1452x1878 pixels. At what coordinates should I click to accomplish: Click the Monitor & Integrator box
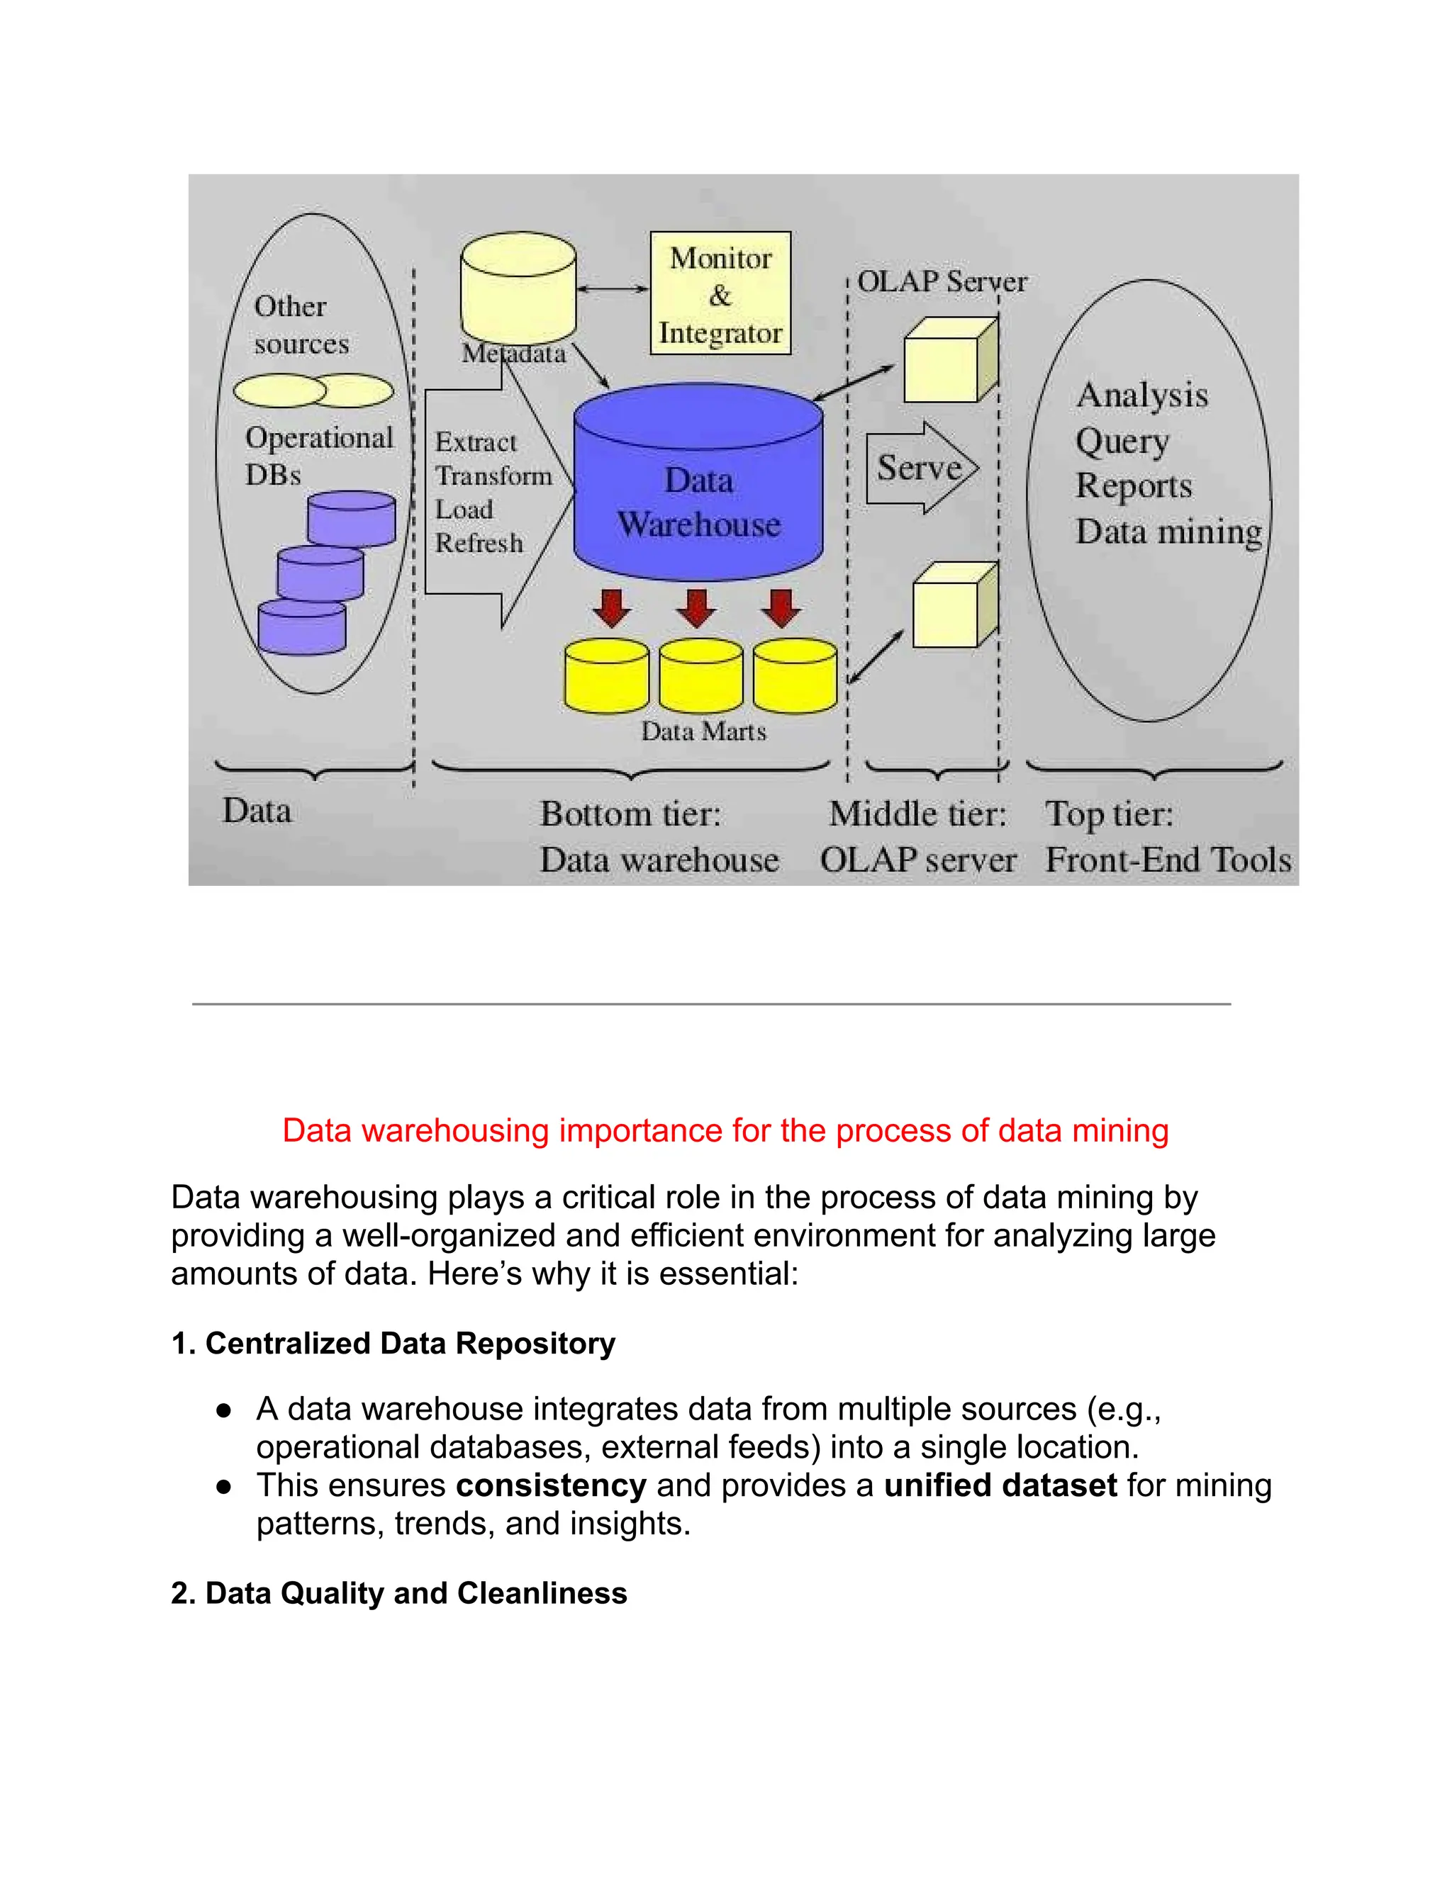[x=720, y=293]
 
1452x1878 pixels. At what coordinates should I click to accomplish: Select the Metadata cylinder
[x=518, y=288]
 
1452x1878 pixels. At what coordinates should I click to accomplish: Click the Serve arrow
[x=921, y=468]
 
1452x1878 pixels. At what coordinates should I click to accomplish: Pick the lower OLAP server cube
[x=953, y=605]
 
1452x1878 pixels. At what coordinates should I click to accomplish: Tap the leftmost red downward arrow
[x=612, y=607]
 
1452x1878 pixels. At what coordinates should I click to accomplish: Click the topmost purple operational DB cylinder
[x=351, y=519]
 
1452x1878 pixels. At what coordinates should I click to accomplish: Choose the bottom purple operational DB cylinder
[x=302, y=628]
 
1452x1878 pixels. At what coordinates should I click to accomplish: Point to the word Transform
[x=493, y=476]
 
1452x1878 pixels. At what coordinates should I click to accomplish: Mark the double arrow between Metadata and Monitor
[x=613, y=289]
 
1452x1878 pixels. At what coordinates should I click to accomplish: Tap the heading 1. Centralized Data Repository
[x=393, y=1343]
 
